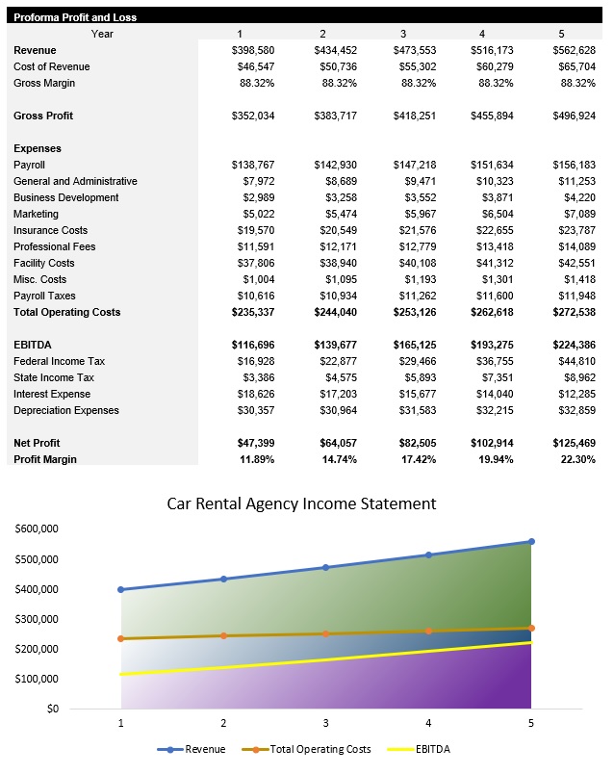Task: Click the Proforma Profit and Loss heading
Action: pos(75,17)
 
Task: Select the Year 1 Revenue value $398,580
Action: pos(253,50)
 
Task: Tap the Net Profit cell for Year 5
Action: pos(574,443)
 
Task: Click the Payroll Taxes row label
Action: pos(44,296)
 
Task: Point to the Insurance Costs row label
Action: pos(50,230)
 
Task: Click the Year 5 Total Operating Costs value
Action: pos(574,312)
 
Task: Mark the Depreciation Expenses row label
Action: pos(66,410)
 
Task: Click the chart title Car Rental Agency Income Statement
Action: pos(301,503)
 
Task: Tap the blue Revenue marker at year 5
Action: pos(531,542)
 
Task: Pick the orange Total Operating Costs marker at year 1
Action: pos(121,638)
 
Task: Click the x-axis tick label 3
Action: pos(326,722)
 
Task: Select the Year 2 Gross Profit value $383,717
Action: pos(335,116)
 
